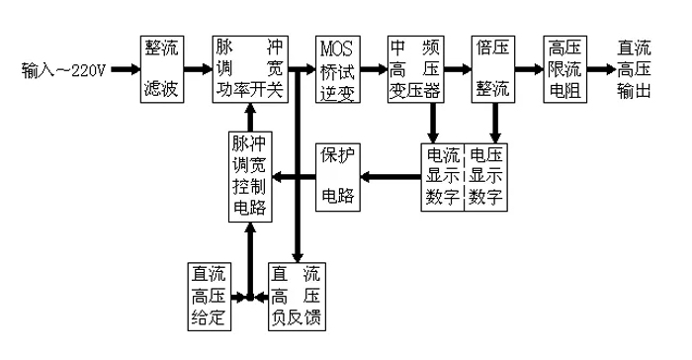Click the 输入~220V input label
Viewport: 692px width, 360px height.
click(x=61, y=72)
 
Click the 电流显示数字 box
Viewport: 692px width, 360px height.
click(x=442, y=177)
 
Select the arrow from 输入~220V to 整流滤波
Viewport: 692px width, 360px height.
click(x=123, y=72)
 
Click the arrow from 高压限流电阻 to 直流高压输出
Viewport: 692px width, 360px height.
click(x=600, y=71)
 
